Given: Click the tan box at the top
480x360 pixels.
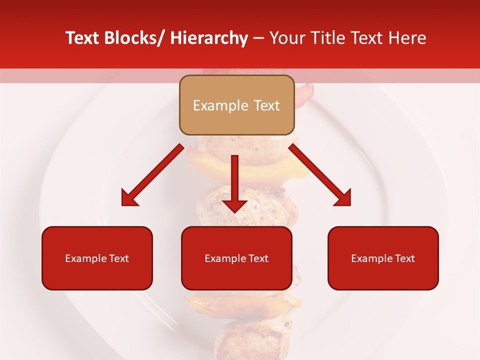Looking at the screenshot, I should coord(236,105).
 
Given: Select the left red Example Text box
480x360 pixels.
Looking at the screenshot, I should coord(97,258).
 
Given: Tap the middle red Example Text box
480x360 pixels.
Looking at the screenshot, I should coord(236,258).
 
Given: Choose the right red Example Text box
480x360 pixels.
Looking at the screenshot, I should coord(383,258).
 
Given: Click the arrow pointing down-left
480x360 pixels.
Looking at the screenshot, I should coord(153,175).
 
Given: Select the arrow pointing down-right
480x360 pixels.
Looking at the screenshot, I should coord(320,175).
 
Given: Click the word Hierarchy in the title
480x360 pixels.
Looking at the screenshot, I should coord(209,38).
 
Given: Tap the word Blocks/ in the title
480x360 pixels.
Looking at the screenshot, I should coord(133,38).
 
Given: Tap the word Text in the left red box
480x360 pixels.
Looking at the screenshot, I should coord(119,258).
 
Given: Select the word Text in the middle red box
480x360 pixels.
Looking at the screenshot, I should coord(258,258).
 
